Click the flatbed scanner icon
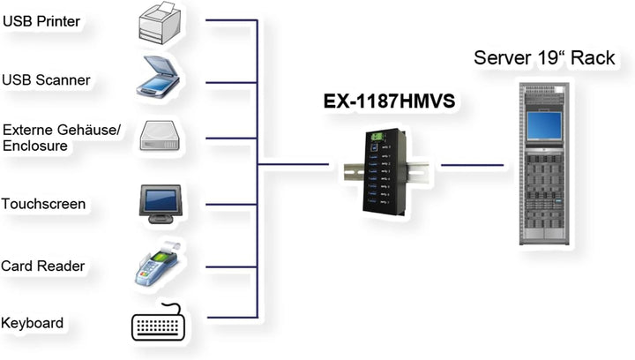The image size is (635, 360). pos(160,77)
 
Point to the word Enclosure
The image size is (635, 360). pos(35,146)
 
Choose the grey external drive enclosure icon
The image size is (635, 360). pos(160,138)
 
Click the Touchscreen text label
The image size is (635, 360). pos(43,204)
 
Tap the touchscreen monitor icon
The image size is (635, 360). pos(160,203)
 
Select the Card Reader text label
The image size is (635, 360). pos(41,266)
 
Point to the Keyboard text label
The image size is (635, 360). pos(33,323)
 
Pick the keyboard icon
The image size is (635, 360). pos(160,324)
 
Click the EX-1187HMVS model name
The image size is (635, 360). pos(388,101)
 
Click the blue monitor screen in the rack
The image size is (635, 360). pos(545,124)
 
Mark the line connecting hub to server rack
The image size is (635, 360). pos(472,164)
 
